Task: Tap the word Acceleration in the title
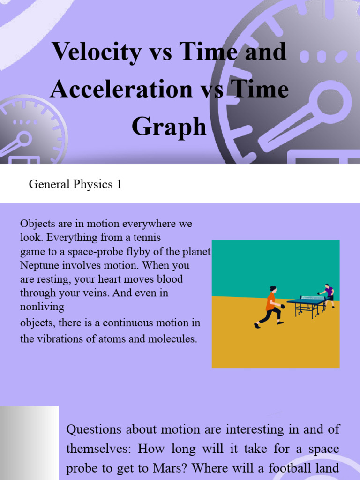pos(121,89)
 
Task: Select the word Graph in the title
pos(169,126)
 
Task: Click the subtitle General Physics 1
pos(75,184)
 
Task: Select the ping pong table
pos(307,306)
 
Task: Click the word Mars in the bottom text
pos(259,468)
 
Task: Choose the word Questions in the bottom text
pos(94,429)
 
